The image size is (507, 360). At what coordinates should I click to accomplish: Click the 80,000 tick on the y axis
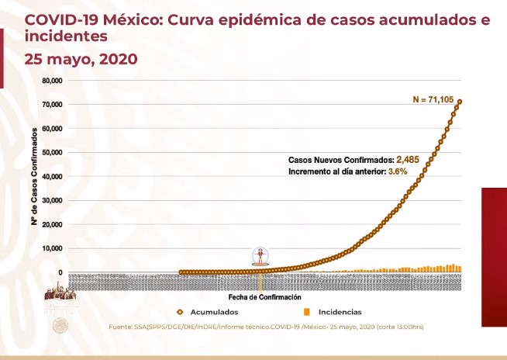tap(52, 81)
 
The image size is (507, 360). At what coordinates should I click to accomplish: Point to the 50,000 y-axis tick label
tap(52, 153)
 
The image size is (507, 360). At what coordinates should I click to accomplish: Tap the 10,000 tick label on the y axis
tap(52, 249)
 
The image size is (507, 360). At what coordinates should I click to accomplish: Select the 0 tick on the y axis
tap(60, 273)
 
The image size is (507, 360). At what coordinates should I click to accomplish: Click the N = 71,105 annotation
tap(437, 99)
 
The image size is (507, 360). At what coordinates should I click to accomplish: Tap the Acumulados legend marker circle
tap(179, 311)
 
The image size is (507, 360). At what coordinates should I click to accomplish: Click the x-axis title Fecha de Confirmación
tap(264, 297)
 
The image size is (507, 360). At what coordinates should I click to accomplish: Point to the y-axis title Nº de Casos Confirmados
tap(35, 177)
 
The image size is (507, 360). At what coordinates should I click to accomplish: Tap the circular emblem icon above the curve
tap(260, 257)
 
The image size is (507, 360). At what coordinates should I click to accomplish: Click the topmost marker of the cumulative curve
tap(460, 102)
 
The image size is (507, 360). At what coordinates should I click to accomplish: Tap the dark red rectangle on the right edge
tap(494, 256)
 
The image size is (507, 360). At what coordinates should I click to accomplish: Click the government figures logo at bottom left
tap(60, 295)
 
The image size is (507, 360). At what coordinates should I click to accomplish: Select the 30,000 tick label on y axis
tap(52, 201)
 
